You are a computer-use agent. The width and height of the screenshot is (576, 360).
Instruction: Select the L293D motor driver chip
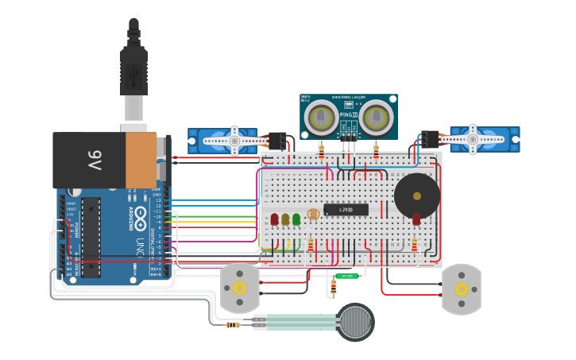pos(346,210)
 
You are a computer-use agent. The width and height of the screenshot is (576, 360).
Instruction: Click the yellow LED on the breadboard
pos(285,219)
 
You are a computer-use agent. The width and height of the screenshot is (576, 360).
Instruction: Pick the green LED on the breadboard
pos(296,218)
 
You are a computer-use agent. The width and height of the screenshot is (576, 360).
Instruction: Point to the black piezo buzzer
pos(416,195)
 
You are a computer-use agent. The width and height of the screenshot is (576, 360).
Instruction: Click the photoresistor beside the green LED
pos(312,215)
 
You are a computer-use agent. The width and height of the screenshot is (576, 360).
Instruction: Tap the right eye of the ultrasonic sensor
pos(375,118)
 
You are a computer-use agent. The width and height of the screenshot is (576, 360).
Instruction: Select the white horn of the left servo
pos(234,141)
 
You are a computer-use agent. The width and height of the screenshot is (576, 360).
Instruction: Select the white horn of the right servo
pos(474,139)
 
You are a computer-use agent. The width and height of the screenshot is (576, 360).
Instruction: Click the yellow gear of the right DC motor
pos(461,288)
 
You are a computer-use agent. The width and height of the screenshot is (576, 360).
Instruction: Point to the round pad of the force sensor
pos(355,322)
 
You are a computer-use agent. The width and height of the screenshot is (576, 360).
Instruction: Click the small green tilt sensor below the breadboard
pos(346,276)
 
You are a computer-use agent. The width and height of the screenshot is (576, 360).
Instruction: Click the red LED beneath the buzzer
pos(416,219)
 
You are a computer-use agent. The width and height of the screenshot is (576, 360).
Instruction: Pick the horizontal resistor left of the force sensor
pos(233,324)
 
